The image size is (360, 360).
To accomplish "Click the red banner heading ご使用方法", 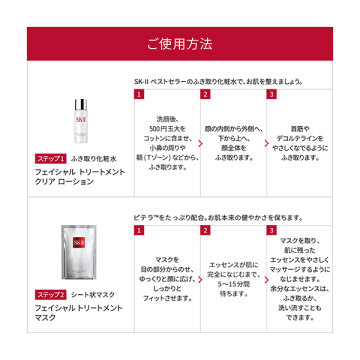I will point(179,44).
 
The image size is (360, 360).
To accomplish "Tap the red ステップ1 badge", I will point(50,159).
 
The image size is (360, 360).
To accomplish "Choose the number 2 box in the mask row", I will point(205,231).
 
